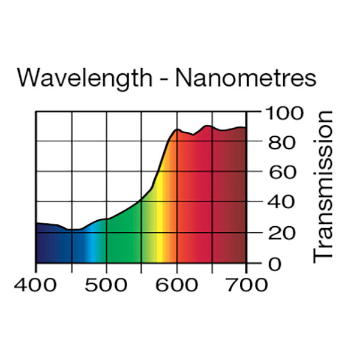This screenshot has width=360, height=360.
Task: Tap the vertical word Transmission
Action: click(323, 186)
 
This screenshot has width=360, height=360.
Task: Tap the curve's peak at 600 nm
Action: click(177, 130)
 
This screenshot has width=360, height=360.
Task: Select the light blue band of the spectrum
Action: click(90, 246)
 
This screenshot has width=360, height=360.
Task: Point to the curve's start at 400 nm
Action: click(37, 223)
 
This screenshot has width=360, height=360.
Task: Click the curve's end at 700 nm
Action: click(245, 127)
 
